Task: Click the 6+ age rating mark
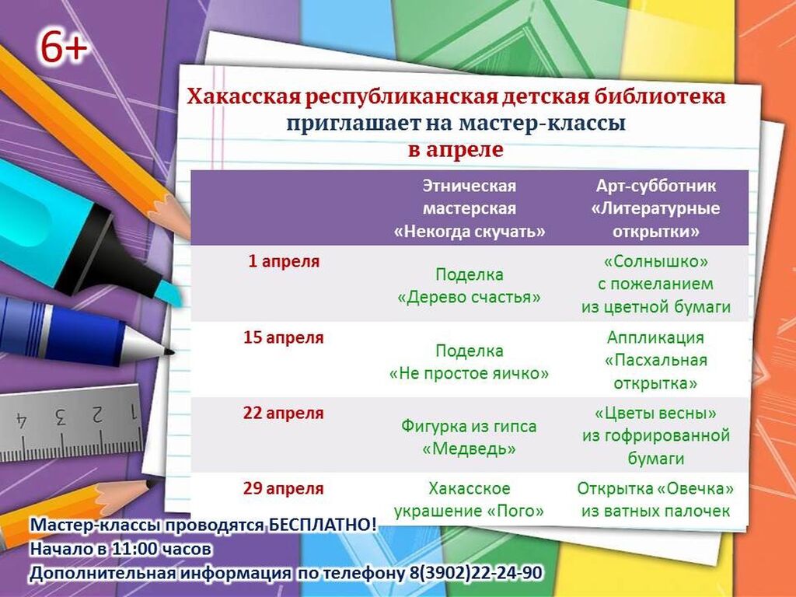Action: pyautogui.click(x=64, y=47)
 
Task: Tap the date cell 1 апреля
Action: pyautogui.click(x=284, y=261)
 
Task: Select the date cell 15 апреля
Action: pyautogui.click(x=283, y=337)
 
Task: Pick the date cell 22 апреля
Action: pyautogui.click(x=283, y=414)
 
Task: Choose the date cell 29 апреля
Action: pyautogui.click(x=283, y=488)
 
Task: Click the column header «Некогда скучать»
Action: pyautogui.click(x=470, y=208)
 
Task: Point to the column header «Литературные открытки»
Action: pyautogui.click(x=655, y=208)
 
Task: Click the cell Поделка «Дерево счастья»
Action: pyautogui.click(x=469, y=286)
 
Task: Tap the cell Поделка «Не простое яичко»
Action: pyautogui.click(x=469, y=362)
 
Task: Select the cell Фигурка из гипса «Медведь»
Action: pyautogui.click(x=469, y=437)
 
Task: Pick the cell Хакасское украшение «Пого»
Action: pyautogui.click(x=469, y=500)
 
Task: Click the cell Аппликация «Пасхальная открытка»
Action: pyautogui.click(x=655, y=360)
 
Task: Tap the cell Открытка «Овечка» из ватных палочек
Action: pyautogui.click(x=655, y=500)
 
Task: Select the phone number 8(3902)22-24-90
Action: pyautogui.click(x=475, y=573)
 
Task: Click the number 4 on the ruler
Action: pyautogui.click(x=21, y=420)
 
